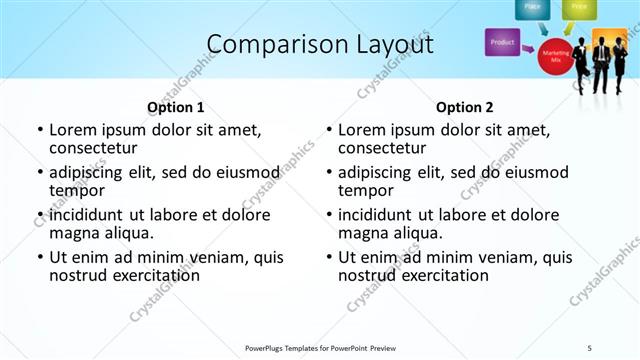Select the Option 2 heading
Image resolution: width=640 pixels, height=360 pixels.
(x=464, y=107)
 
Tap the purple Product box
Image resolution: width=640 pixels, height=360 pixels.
(x=502, y=43)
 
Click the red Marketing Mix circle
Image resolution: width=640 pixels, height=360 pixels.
(x=555, y=55)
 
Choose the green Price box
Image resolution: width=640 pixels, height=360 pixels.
(x=578, y=8)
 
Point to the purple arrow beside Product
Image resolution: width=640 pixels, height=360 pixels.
(x=527, y=46)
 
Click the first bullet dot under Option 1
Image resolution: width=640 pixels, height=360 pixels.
(x=40, y=130)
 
